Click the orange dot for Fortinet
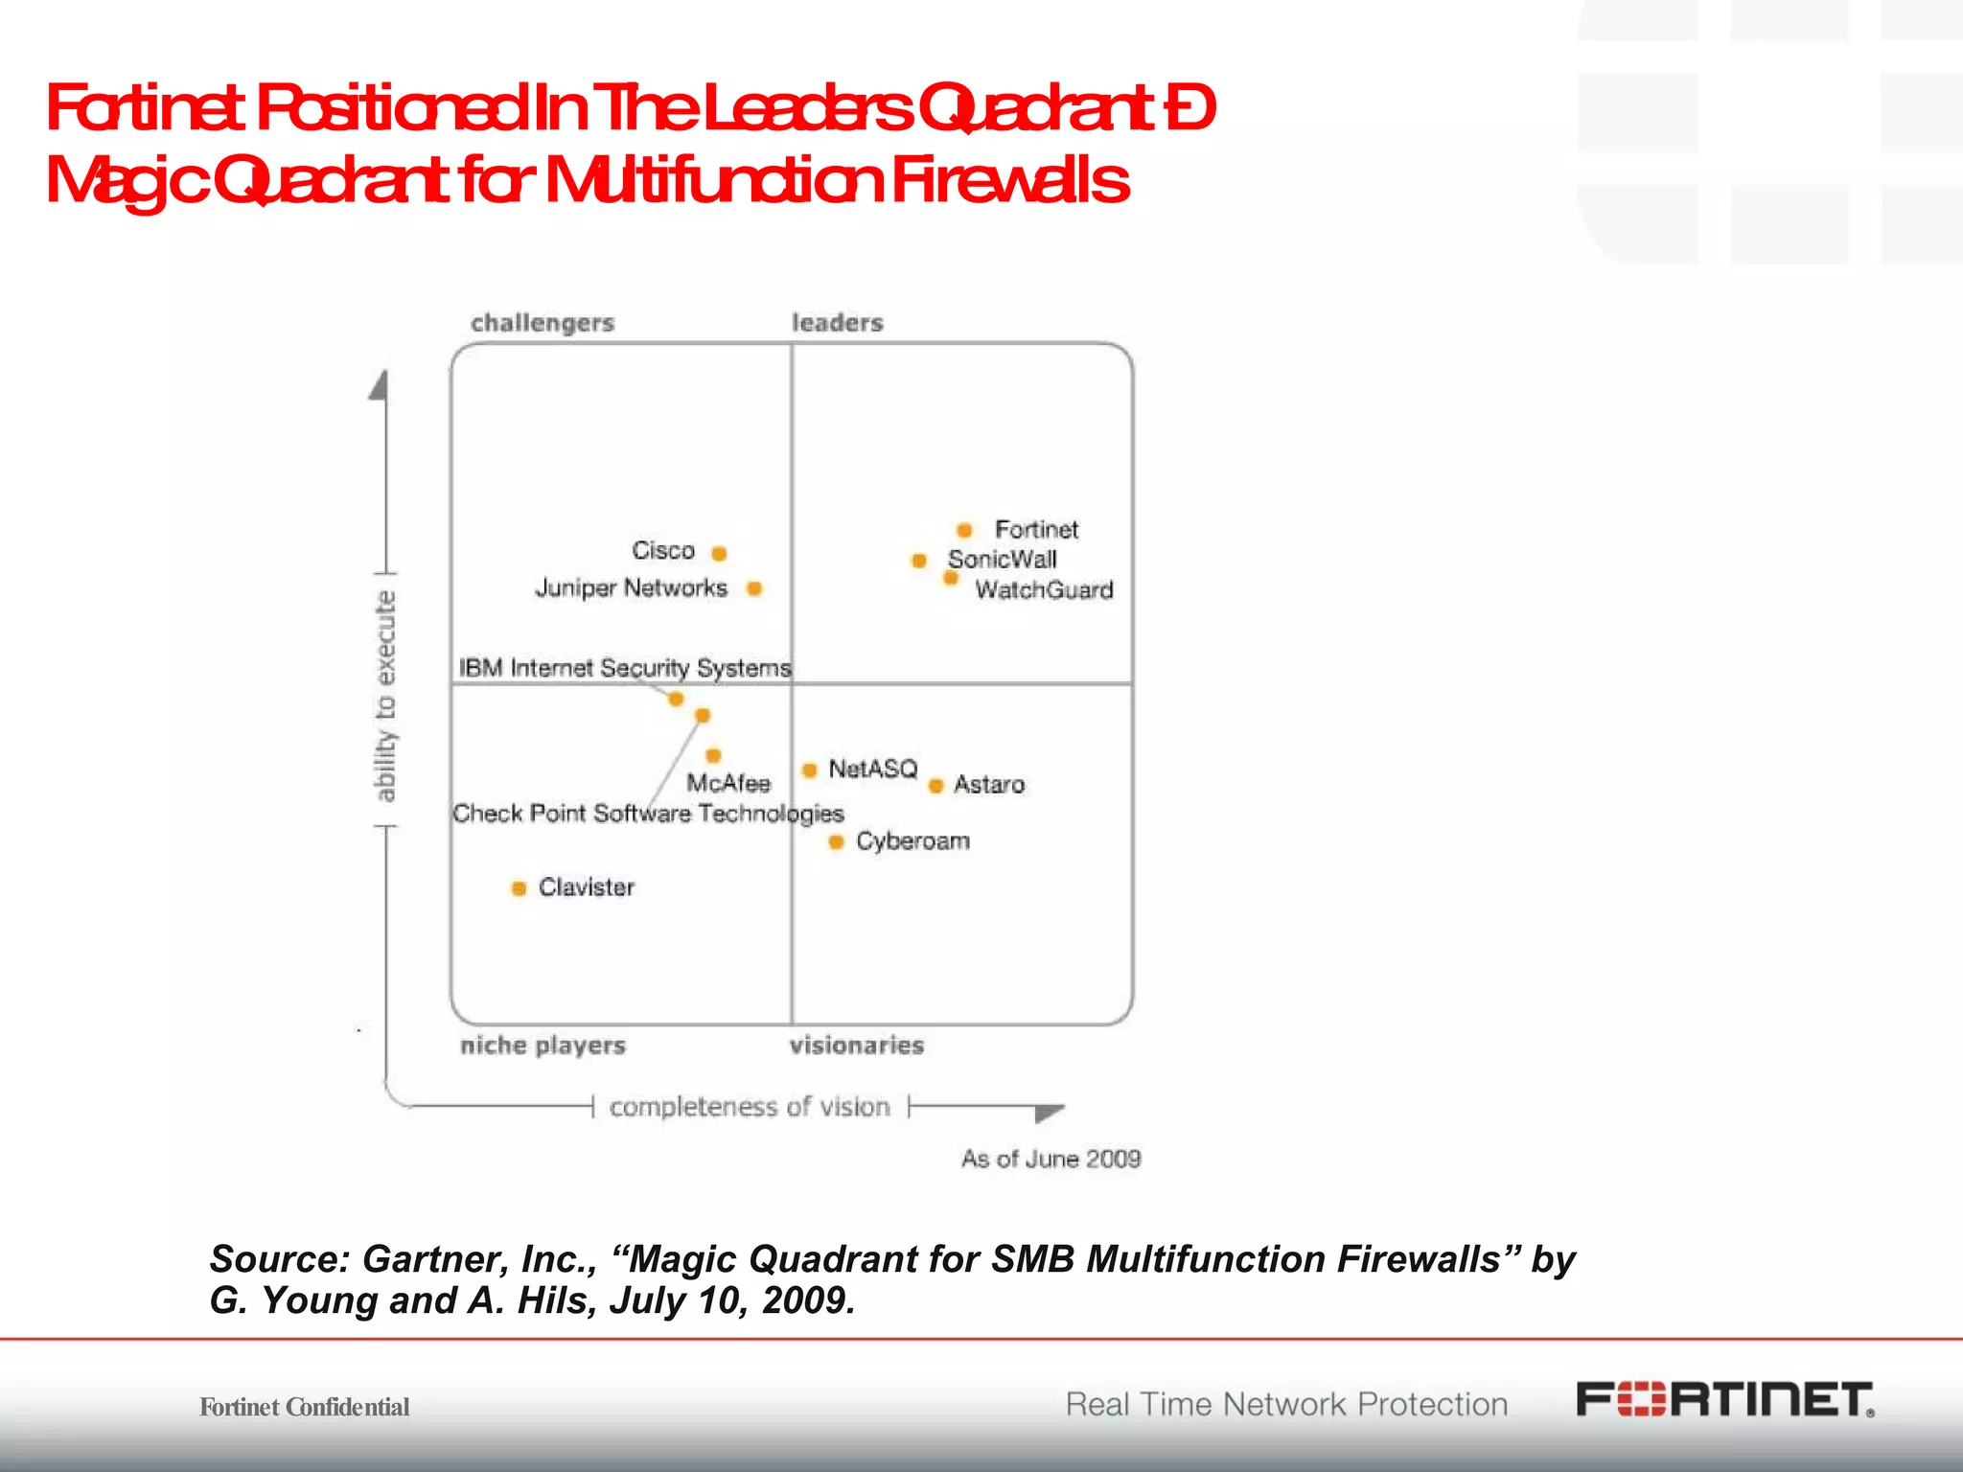coord(964,530)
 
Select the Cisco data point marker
coord(719,553)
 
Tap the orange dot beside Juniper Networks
coord(754,588)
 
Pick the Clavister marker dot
coord(519,888)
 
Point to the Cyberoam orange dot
coord(836,842)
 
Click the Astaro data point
coord(936,786)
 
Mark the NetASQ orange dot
coord(810,770)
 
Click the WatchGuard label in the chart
coord(1044,589)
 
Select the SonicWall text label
coord(1002,560)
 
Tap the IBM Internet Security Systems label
coord(624,668)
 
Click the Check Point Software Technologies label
coord(648,814)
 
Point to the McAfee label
coord(728,784)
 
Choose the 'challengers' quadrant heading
coord(543,323)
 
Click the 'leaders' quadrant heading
coord(837,323)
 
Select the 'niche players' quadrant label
coord(543,1046)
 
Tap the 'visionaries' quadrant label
coord(856,1046)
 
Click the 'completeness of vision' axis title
coord(750,1107)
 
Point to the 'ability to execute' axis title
coord(384,697)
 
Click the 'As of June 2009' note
coord(1051,1160)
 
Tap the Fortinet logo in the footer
coord(1724,1400)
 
